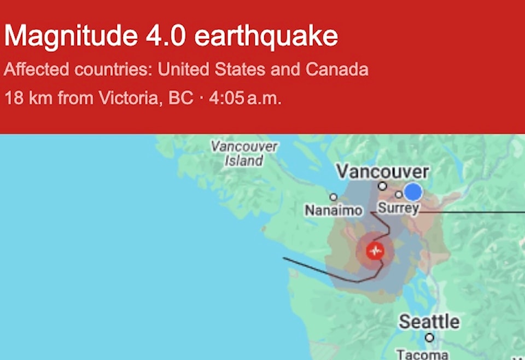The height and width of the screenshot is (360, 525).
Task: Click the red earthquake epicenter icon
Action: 375,251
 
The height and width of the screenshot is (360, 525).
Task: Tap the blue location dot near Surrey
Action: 413,192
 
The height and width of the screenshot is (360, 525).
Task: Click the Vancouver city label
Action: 383,172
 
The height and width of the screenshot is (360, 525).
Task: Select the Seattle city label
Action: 429,321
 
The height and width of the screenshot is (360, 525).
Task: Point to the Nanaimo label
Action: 334,210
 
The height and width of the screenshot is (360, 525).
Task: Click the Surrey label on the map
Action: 398,208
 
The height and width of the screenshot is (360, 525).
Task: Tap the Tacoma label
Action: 422,354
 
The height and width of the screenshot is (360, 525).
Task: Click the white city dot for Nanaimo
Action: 333,197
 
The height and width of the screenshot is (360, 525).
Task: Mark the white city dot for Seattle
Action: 429,338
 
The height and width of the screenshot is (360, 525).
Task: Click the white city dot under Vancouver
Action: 383,186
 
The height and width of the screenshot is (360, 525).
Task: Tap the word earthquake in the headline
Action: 266,37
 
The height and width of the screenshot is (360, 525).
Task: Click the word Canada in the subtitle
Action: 337,69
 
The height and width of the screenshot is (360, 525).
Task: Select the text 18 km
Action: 28,98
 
